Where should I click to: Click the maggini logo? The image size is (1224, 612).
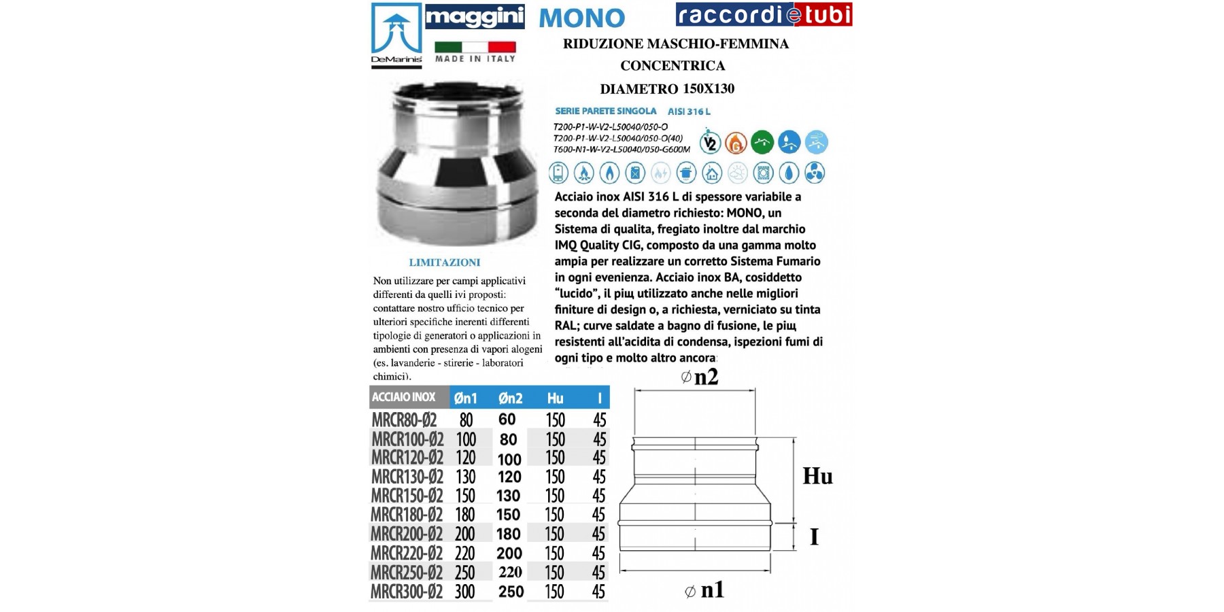[x=475, y=16]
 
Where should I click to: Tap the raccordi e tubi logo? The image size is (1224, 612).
[x=764, y=14]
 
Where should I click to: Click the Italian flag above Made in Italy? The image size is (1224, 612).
[x=475, y=47]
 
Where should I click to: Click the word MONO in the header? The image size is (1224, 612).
[x=581, y=18]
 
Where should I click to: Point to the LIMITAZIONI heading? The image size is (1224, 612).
[x=445, y=262]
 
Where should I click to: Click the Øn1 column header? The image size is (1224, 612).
[x=466, y=398]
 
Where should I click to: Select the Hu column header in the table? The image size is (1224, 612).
[x=555, y=398]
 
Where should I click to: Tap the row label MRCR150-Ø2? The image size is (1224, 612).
[x=407, y=496]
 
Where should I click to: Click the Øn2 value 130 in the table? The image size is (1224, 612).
[x=508, y=496]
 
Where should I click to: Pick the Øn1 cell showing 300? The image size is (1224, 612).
[x=465, y=592]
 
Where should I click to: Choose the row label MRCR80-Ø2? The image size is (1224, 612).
[x=404, y=420]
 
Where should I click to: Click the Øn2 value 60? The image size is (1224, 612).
[x=507, y=420]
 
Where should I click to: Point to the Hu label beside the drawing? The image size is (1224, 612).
[x=817, y=476]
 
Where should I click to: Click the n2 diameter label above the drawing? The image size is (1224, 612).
[x=700, y=377]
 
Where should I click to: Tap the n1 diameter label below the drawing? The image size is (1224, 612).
[x=704, y=590]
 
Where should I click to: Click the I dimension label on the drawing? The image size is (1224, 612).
[x=814, y=537]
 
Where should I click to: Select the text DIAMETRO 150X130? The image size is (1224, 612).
[x=666, y=88]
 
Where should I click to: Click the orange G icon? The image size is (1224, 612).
[x=736, y=143]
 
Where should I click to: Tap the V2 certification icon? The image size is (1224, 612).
[x=710, y=143]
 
